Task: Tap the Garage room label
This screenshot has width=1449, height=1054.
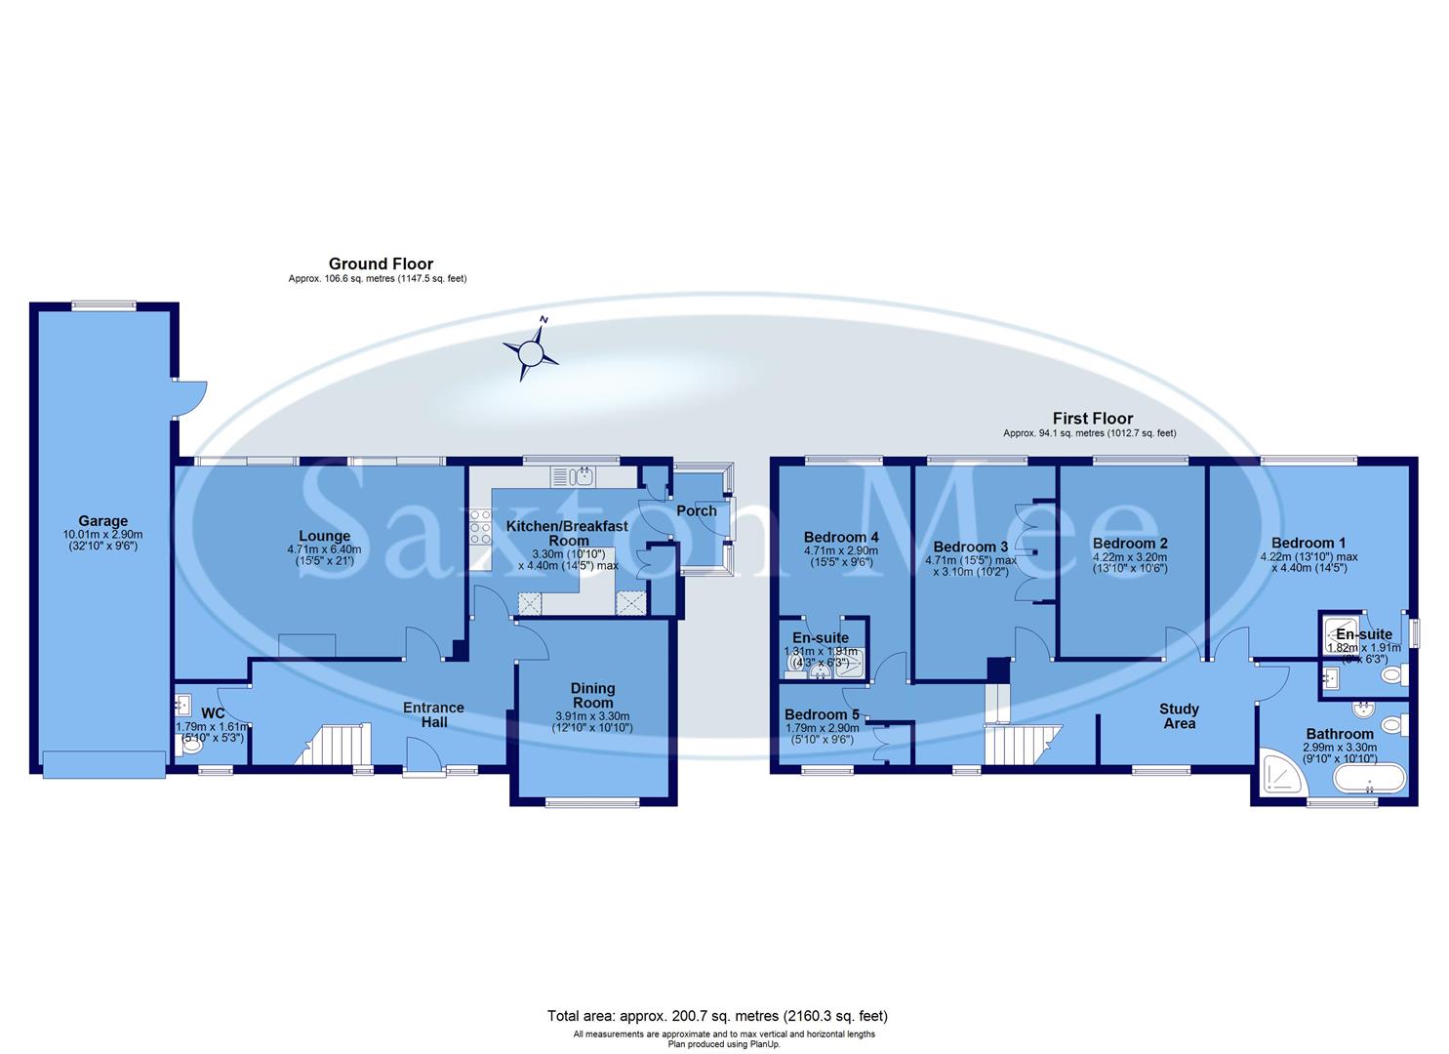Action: click(x=102, y=521)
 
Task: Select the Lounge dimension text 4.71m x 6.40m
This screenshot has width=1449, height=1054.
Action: click(x=324, y=549)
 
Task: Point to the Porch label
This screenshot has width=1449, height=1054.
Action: click(x=696, y=510)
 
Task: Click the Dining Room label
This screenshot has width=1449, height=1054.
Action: click(x=592, y=695)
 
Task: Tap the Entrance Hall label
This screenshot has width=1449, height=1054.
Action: click(x=434, y=714)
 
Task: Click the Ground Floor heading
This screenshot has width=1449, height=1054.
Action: click(x=381, y=263)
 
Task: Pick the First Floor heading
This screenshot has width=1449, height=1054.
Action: click(x=1092, y=418)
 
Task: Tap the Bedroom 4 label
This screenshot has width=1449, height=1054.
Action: click(x=841, y=537)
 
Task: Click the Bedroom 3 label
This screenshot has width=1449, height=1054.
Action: click(x=970, y=547)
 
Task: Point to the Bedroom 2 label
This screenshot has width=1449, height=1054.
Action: click(x=1130, y=543)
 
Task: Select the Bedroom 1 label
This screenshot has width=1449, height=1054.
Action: click(x=1308, y=543)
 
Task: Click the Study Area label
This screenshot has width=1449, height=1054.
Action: click(x=1179, y=716)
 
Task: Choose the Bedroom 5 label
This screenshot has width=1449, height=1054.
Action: click(x=822, y=714)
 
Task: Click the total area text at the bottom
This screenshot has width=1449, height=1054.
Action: click(x=717, y=1016)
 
